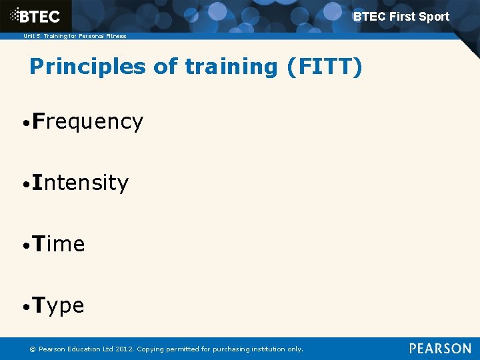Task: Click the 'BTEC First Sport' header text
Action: coord(401,17)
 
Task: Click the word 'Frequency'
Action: coord(87,121)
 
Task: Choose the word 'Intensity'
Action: coord(80,183)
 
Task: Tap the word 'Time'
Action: coord(59,244)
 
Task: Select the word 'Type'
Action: coord(58,306)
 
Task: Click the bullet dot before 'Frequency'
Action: coord(24,123)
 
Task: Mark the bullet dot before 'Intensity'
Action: coord(24,185)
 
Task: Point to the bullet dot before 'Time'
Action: coord(24,246)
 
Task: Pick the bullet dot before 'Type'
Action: coord(24,307)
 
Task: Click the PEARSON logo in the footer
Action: coord(440,349)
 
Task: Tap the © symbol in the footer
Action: coord(31,349)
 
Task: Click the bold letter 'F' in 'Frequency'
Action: coord(37,121)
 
